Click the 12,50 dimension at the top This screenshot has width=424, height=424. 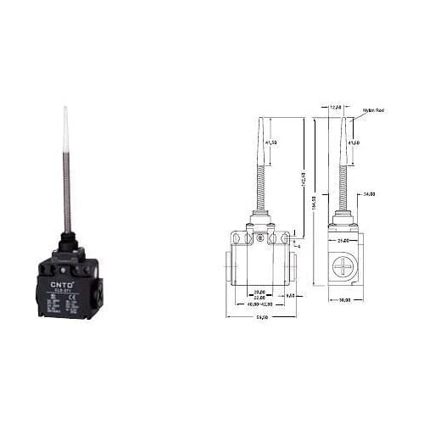coord(336,107)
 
